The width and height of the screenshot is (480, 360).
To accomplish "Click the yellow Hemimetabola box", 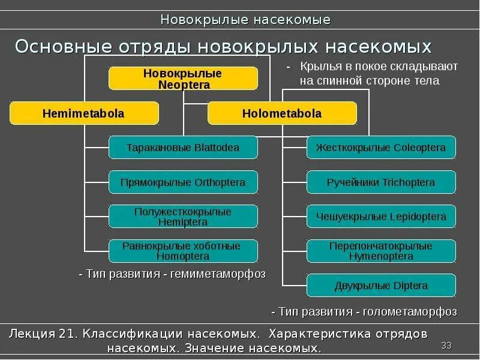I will click(84, 113).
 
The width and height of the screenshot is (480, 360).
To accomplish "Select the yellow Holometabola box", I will click(282, 113).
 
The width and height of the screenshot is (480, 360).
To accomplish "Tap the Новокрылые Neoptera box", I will click(183, 79).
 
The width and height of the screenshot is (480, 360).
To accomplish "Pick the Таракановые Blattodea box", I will click(183, 148).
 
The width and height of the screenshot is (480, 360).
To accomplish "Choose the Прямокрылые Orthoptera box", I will click(183, 182).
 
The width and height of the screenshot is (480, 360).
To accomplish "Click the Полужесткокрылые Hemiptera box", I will click(183, 217).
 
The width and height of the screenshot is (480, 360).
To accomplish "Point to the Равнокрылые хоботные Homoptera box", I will click(183, 251).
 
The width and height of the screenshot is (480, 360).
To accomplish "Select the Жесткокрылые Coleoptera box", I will click(381, 148).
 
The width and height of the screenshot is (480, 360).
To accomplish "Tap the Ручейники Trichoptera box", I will click(381, 182).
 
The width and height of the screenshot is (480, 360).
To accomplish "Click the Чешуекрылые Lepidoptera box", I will click(381, 217).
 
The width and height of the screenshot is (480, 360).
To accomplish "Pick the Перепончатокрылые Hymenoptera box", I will click(381, 251).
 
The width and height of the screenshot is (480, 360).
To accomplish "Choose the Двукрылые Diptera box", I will click(381, 286).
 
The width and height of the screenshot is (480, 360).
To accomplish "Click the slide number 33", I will click(446, 345).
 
